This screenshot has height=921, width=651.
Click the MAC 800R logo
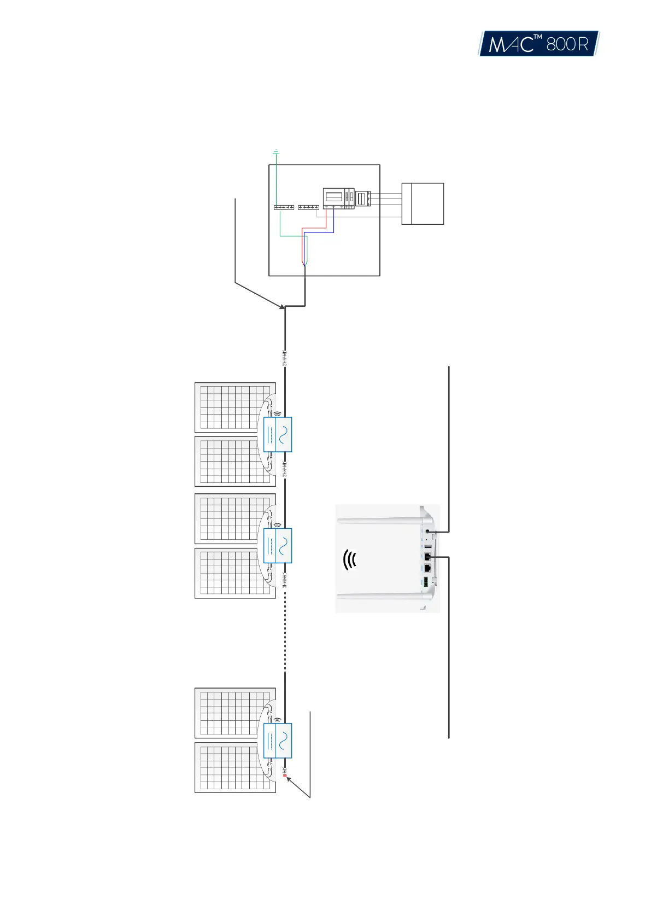538,43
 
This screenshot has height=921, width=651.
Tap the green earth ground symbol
276,151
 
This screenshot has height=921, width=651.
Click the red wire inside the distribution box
314,228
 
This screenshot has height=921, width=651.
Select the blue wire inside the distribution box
333,225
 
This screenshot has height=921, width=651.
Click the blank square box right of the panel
423,203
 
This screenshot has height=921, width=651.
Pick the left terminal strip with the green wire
284,207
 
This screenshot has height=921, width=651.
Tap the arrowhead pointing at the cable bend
282,307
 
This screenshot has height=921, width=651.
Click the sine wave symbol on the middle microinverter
284,545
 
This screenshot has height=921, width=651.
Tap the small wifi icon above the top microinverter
277,413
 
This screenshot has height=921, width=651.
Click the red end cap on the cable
285,776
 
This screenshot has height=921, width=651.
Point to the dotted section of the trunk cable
285,634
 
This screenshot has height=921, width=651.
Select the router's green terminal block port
425,583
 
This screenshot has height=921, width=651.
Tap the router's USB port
427,546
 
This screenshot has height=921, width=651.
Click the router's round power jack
427,531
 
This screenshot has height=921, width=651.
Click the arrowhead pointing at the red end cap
289,779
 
